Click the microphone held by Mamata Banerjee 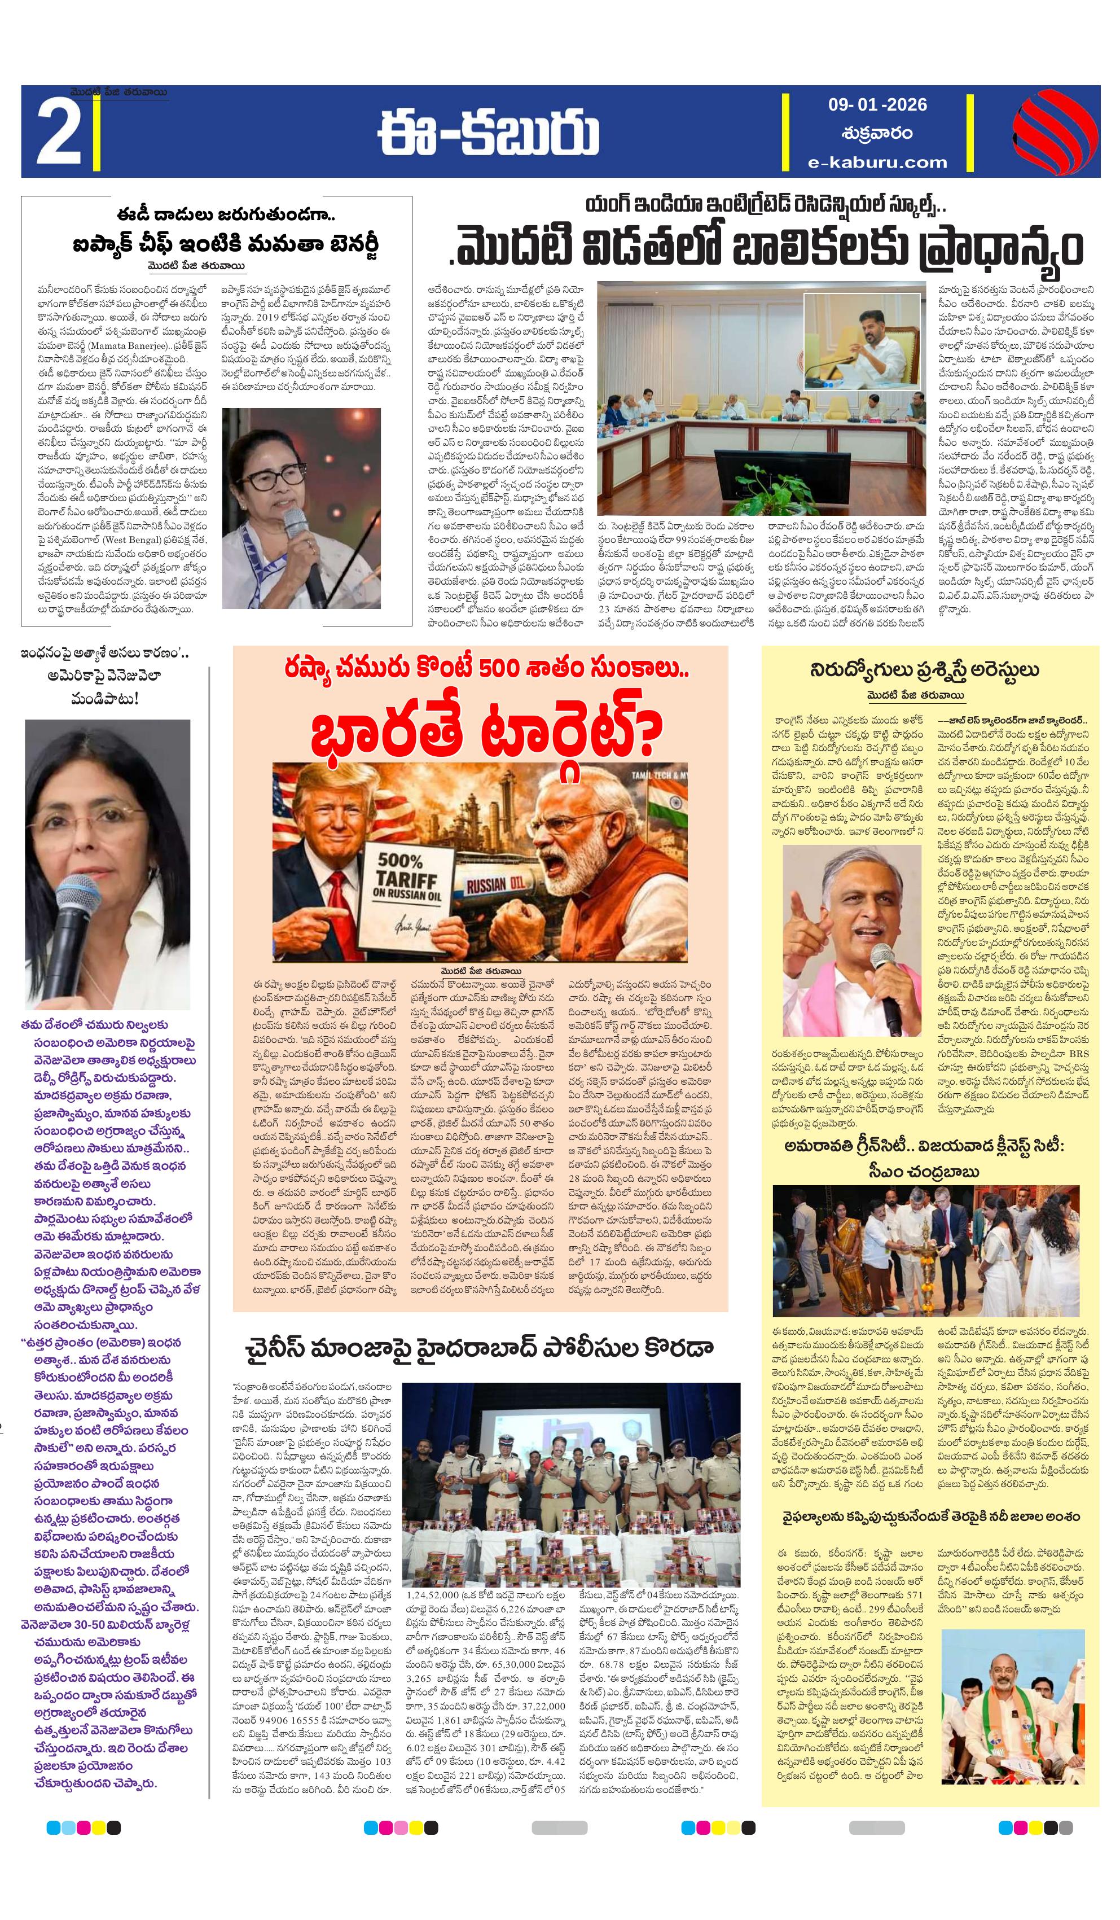click(x=301, y=541)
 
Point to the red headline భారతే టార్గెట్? click(x=481, y=729)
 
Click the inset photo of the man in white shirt click(x=862, y=336)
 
